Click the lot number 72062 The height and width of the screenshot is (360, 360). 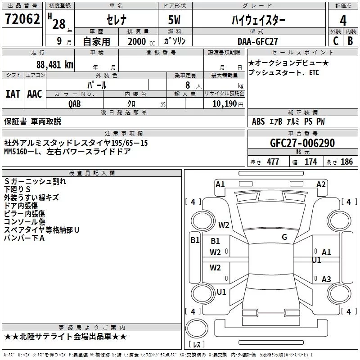click(x=22, y=19)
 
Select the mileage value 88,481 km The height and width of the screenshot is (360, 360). click(x=54, y=64)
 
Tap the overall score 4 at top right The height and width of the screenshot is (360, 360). click(x=343, y=21)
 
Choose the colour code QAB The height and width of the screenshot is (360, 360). click(x=75, y=103)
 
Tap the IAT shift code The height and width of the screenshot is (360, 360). click(x=13, y=94)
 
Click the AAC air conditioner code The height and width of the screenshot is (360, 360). click(x=34, y=94)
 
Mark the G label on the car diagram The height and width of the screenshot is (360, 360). click(x=284, y=237)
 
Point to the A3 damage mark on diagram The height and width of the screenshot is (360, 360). click(x=326, y=279)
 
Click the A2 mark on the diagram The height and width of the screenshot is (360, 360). click(x=321, y=184)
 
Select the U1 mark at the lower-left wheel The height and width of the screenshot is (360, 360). click(x=221, y=292)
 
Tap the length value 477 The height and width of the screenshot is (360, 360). click(x=273, y=162)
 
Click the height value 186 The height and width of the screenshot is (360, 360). click(x=346, y=162)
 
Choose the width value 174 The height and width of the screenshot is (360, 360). click(x=311, y=162)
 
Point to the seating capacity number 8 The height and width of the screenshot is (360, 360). click(x=186, y=85)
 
